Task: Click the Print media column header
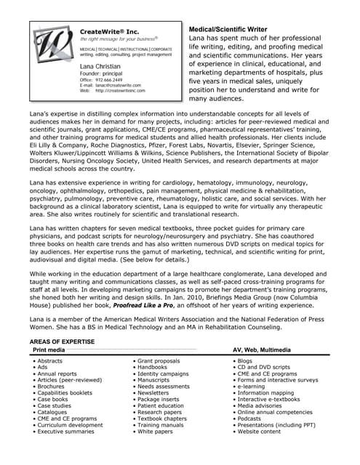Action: coord(48,349)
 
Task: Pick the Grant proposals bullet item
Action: coord(160,361)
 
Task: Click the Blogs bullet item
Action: coord(244,361)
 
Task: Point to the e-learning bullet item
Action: coord(252,387)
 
